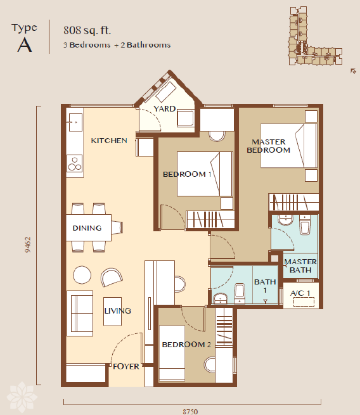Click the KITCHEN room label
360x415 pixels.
(109, 141)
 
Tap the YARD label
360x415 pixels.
(165, 108)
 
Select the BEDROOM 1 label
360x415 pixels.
(187, 174)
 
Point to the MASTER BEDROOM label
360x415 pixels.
(268, 146)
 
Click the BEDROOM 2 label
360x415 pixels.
(186, 344)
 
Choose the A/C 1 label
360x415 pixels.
(300, 293)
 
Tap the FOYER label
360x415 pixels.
(126, 366)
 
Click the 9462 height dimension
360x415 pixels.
(28, 245)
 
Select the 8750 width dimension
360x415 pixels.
(190, 411)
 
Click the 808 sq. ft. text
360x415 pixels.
(87, 30)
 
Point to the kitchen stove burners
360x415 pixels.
(75, 164)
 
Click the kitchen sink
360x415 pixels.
(75, 122)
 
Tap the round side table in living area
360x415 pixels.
(82, 275)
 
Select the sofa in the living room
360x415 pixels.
(80, 314)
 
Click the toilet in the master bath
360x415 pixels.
(305, 225)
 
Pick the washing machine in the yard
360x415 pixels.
(185, 118)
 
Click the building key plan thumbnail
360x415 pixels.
(316, 36)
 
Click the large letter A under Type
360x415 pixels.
(25, 45)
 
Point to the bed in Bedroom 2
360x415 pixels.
(172, 353)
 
